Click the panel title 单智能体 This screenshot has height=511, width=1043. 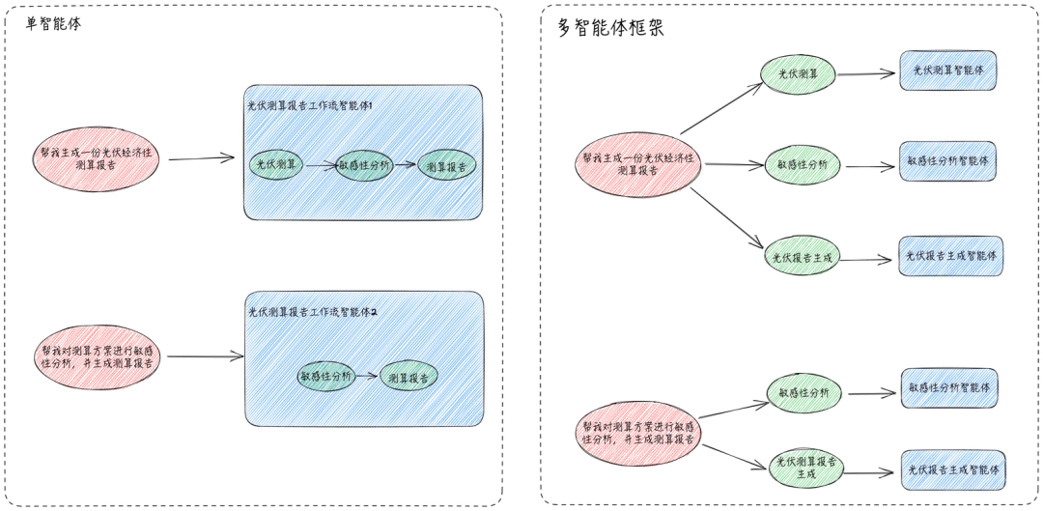tap(53, 24)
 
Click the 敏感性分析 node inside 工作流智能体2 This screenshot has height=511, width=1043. tap(325, 376)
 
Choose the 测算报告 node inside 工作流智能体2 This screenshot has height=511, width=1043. tap(409, 376)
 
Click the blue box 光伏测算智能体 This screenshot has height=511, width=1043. tap(947, 71)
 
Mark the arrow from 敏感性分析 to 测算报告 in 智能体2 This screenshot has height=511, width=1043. tap(366, 375)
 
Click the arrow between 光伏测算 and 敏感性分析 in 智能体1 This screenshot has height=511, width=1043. tap(321, 165)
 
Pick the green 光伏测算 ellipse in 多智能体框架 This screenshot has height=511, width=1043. tap(799, 73)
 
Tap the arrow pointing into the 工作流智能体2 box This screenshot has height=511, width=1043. tap(204, 357)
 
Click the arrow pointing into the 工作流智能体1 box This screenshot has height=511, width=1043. tap(197, 156)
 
